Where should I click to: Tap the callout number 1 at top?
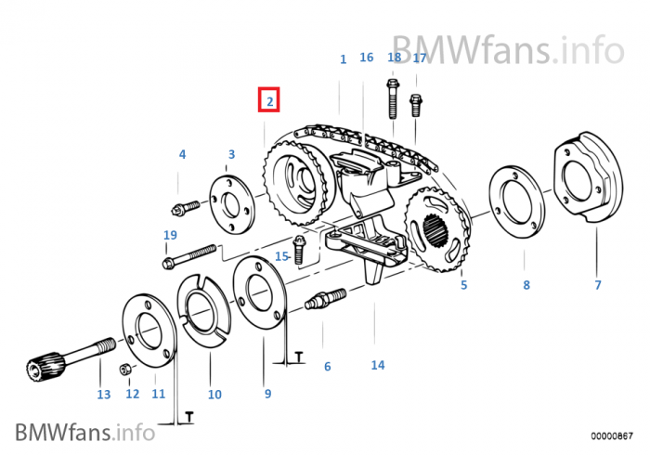343,59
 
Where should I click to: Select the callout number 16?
366,58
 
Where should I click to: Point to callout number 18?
395,58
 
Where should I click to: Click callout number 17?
420,58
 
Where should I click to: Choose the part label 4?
182,154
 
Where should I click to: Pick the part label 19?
170,236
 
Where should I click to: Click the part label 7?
598,285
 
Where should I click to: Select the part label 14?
377,365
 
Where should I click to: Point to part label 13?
104,395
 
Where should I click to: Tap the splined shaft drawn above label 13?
61,360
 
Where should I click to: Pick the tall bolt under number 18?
393,99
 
